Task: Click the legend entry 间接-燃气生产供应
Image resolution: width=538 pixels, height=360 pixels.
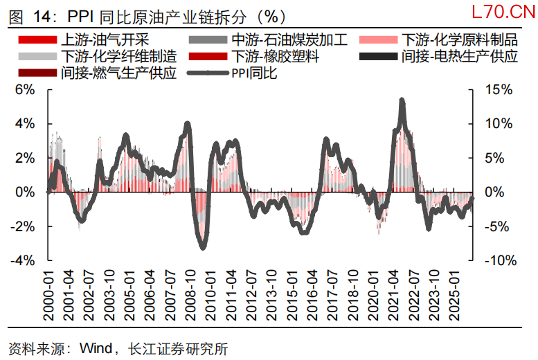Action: pos(118,73)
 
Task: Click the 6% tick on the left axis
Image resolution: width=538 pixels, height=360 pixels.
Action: pos(25,89)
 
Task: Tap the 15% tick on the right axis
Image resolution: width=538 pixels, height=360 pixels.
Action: pos(498,89)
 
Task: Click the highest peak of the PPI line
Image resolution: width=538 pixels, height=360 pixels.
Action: pos(402,100)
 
